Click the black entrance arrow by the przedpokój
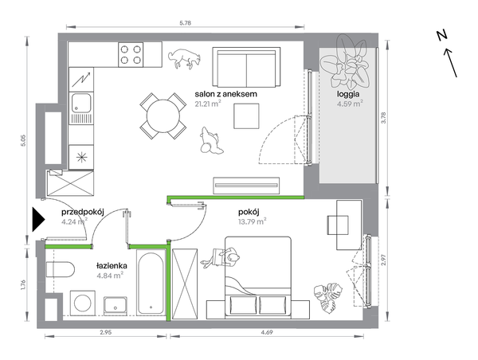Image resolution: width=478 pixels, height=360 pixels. [37, 220]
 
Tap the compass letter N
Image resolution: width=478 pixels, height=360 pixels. [441, 35]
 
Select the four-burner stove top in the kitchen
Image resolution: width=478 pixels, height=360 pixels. [131, 54]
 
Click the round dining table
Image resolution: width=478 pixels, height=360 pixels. [163, 116]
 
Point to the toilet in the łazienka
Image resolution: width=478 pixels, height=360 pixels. [60, 269]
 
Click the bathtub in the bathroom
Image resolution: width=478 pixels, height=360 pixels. [151, 282]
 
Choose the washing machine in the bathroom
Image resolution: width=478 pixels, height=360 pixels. [83, 303]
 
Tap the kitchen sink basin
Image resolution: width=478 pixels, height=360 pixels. [81, 103]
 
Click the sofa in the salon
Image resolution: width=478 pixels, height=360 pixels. [246, 67]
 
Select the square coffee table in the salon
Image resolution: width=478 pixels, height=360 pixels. [246, 116]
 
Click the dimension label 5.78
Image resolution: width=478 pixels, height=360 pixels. [186, 23]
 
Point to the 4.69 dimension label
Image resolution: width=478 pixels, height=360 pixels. [266, 332]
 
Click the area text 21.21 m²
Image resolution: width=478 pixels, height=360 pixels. [208, 104]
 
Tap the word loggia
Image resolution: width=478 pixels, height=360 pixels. [348, 94]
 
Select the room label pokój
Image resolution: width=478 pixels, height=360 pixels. [249, 212]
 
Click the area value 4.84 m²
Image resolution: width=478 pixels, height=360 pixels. [110, 276]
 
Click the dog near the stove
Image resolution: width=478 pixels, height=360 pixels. [185, 58]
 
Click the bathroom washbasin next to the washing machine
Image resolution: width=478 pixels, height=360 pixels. [116, 306]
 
